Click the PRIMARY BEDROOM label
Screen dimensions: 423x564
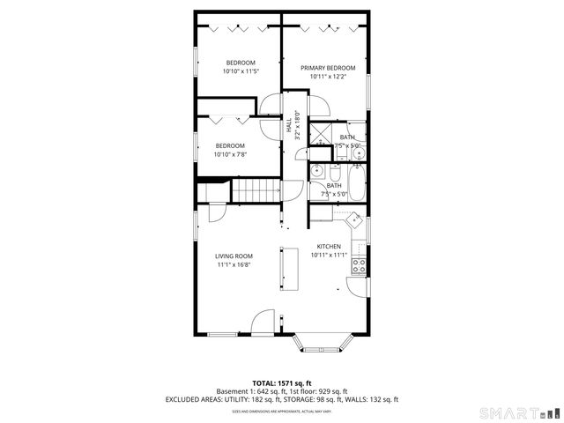tap(328, 68)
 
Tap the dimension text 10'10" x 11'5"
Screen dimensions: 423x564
tap(240, 71)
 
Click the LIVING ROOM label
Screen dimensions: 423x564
tap(234, 256)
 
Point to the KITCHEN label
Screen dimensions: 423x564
tap(329, 247)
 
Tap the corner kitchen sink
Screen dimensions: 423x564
tap(354, 220)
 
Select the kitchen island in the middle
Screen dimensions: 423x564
tap(290, 270)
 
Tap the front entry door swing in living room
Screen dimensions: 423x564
tap(263, 323)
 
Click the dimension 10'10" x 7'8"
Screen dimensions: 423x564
tap(230, 154)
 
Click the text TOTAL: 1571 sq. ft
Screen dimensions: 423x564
tap(281, 382)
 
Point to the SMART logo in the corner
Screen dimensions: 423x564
tap(517, 412)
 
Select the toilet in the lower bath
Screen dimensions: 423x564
tap(316, 172)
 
